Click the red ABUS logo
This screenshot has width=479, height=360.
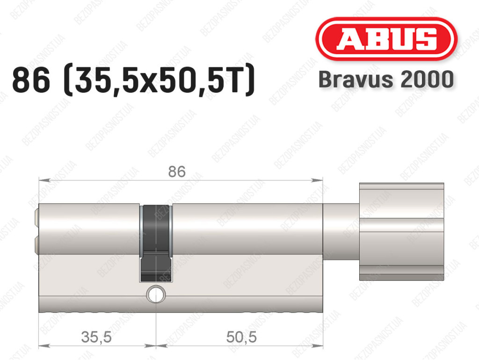click(x=386, y=39)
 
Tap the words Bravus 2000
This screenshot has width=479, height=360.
click(x=386, y=79)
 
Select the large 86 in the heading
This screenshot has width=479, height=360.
click(x=31, y=81)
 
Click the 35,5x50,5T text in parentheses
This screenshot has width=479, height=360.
click(x=159, y=81)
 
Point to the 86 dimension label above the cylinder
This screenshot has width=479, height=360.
click(x=177, y=171)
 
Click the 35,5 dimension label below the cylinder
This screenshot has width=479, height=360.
click(x=96, y=337)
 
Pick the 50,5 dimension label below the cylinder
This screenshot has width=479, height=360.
click(x=241, y=337)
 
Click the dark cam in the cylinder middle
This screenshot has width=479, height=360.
click(x=156, y=243)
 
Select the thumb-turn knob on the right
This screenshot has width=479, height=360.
click(x=401, y=232)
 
